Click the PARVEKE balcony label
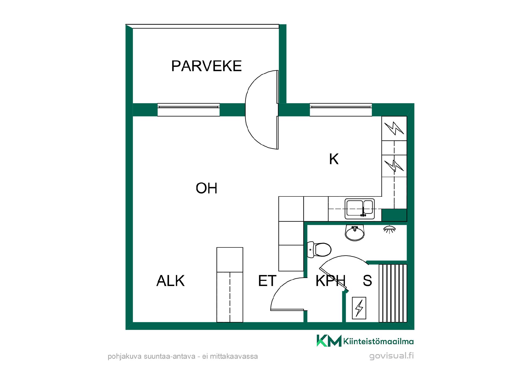pyautogui.click(x=206, y=66)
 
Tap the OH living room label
pyautogui.click(x=207, y=188)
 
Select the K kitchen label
pyautogui.click(x=334, y=159)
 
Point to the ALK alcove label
pyautogui.click(x=171, y=281)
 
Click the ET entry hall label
pyautogui.click(x=267, y=281)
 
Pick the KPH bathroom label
pyautogui.click(x=330, y=281)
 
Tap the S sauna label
pyautogui.click(x=367, y=281)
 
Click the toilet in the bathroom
pyautogui.click(x=319, y=250)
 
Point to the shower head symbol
pyautogui.click(x=390, y=229)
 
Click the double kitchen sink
pyautogui.click(x=360, y=209)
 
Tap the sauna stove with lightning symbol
pyautogui.click(x=359, y=308)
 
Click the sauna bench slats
pyautogui.click(x=393, y=293)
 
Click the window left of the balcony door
pyautogui.click(x=189, y=110)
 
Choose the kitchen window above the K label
pyautogui.click(x=341, y=110)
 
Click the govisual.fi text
pyautogui.click(x=392, y=356)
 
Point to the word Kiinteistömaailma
pyautogui.click(x=378, y=341)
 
